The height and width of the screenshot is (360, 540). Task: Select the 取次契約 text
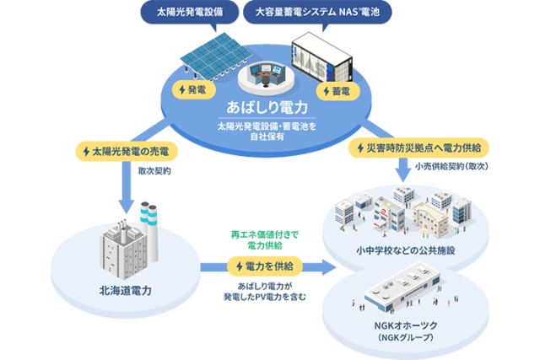[x=154, y=171]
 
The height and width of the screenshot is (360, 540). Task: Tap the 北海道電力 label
[x=126, y=292]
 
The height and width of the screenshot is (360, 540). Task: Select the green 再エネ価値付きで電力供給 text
[x=264, y=239]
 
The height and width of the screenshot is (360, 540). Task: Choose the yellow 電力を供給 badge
[x=264, y=266]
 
